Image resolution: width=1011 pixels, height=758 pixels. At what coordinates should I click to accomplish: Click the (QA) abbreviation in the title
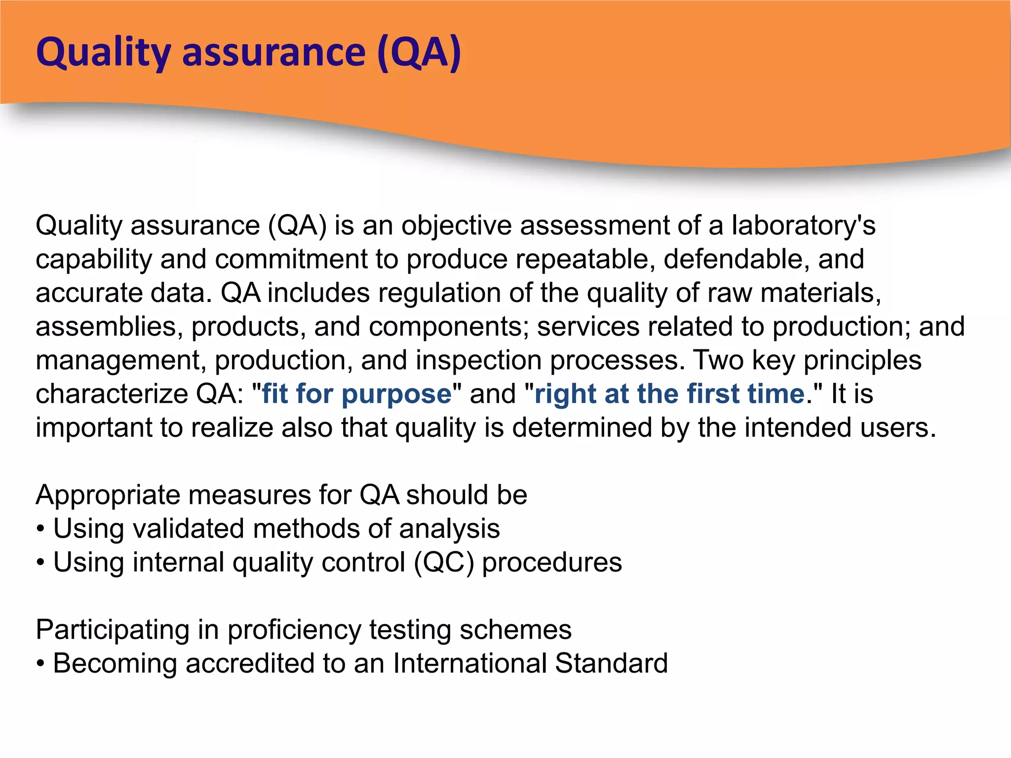point(419,52)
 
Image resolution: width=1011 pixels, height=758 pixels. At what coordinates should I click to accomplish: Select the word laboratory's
point(803,226)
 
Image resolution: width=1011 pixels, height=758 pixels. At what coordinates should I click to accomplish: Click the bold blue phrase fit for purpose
point(357,394)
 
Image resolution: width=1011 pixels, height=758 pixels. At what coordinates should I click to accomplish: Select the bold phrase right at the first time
point(670,394)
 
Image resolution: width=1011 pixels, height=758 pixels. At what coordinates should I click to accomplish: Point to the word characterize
point(112,394)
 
